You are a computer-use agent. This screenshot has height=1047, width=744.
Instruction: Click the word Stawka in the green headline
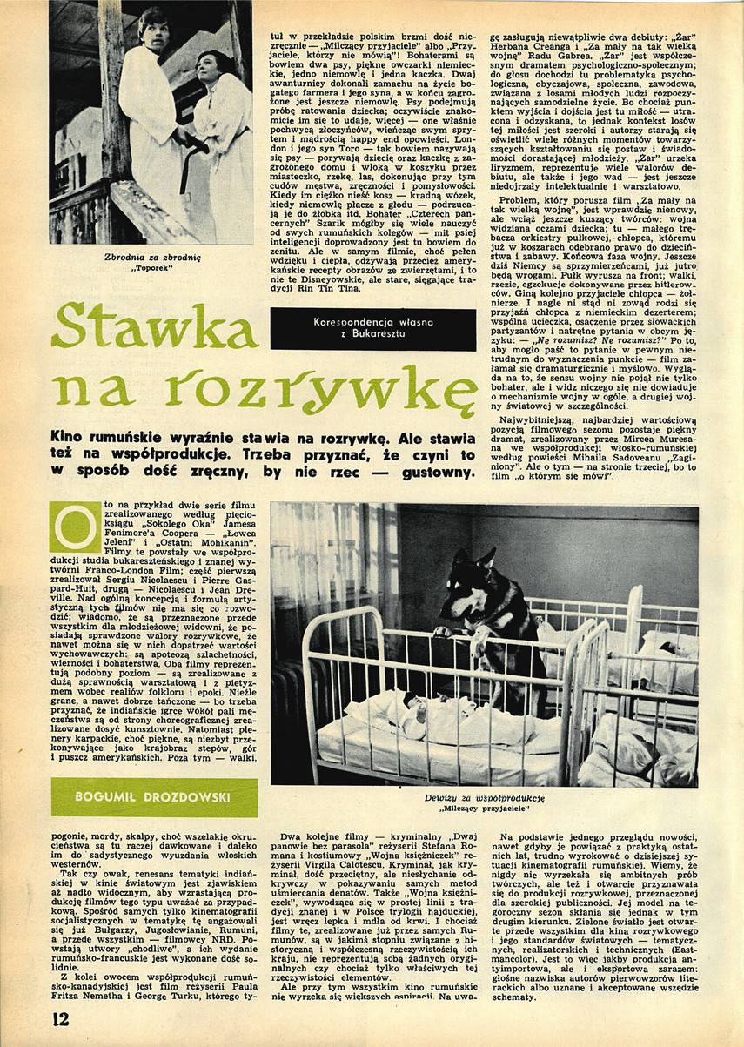coord(154,327)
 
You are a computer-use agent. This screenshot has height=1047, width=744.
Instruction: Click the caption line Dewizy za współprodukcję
coord(485,796)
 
